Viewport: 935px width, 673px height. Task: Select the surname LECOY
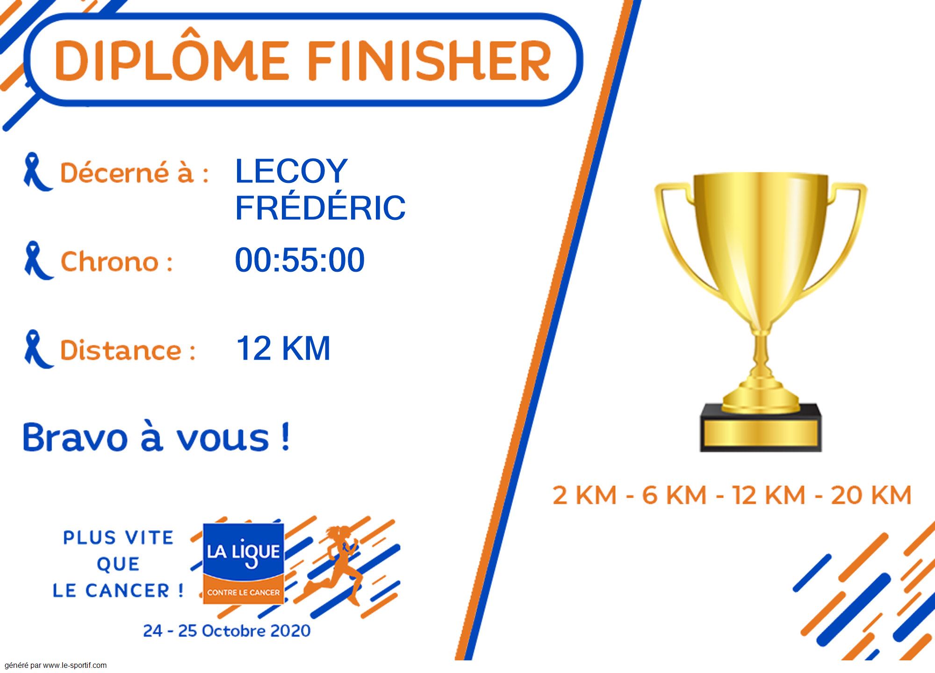pyautogui.click(x=291, y=171)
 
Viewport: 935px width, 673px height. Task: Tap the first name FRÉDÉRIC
pyautogui.click(x=320, y=208)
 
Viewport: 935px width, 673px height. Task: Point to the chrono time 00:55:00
pyautogui.click(x=300, y=260)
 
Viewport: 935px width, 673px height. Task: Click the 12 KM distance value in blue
pyautogui.click(x=283, y=348)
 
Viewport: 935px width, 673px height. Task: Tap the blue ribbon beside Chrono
pyautogui.click(x=38, y=261)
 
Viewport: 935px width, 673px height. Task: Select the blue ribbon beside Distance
pyautogui.click(x=38, y=349)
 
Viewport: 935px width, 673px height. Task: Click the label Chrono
pyautogui.click(x=116, y=261)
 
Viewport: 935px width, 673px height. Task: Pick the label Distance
pyautogui.click(x=127, y=350)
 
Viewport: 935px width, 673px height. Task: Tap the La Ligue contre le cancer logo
pyautogui.click(x=243, y=563)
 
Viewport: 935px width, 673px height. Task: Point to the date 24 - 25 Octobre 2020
pyautogui.click(x=227, y=630)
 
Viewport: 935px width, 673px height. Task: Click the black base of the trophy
pyautogui.click(x=761, y=428)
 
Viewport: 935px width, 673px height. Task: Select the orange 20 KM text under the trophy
pyautogui.click(x=871, y=495)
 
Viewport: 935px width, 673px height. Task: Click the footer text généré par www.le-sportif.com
pyautogui.click(x=56, y=666)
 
